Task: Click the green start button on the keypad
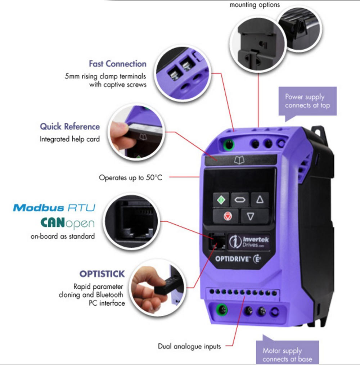point(221,199)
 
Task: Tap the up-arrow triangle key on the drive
point(260,199)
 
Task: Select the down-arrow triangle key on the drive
point(251,216)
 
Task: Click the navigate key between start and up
point(240,199)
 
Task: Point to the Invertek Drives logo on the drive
point(249,242)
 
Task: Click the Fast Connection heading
point(118,64)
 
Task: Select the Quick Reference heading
point(70,126)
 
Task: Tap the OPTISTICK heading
point(102,274)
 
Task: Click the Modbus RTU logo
point(54,208)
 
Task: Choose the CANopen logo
point(68,223)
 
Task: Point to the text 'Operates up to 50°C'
point(130,177)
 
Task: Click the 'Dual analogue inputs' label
point(189,346)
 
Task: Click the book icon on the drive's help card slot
point(239,160)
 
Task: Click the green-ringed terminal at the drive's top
point(229,145)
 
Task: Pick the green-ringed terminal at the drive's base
point(222,310)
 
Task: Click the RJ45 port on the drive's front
point(217,241)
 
